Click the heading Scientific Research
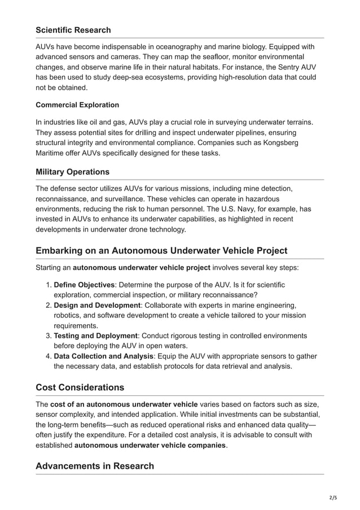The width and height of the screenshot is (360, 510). tap(73, 30)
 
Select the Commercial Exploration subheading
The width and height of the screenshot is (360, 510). tap(77, 105)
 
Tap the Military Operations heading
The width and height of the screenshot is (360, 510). tap(72, 171)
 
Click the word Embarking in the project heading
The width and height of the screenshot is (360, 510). tap(63, 250)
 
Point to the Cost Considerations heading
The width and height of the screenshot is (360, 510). tap(80, 387)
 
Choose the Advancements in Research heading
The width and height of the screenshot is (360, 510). tap(94, 466)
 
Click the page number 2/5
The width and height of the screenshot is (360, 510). tap(332, 498)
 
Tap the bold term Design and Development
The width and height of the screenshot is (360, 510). tap(96, 305)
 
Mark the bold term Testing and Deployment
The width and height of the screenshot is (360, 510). tap(95, 335)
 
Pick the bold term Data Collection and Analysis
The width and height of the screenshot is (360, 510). tap(103, 356)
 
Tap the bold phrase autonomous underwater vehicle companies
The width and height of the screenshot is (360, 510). tap(150, 446)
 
